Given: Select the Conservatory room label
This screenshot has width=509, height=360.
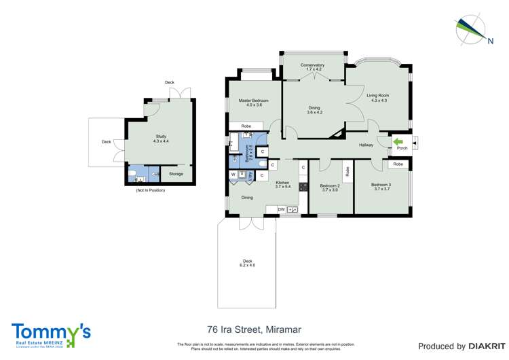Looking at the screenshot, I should [x=314, y=67].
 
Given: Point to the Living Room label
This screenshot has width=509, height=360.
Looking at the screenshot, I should [x=377, y=98].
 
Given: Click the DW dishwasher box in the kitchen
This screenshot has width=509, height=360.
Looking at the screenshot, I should [x=281, y=210].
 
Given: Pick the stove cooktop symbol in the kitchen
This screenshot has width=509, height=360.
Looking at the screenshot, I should [x=303, y=187].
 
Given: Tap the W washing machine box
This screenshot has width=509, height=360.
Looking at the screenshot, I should [x=233, y=175].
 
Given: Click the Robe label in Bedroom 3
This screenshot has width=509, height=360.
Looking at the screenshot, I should [x=398, y=164].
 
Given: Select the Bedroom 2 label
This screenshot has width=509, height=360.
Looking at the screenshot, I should [x=330, y=187].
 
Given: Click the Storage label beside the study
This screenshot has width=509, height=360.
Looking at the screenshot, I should [x=176, y=174].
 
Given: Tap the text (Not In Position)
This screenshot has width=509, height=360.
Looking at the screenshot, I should [x=150, y=190].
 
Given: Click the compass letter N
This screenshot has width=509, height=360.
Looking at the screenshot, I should [x=490, y=40].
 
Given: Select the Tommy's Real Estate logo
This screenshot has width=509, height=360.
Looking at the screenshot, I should [x=51, y=334].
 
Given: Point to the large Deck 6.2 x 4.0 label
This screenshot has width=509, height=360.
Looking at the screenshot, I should [x=247, y=263].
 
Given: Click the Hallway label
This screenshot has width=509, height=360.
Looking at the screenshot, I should [x=366, y=145].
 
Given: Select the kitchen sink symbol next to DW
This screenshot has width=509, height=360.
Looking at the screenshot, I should [x=293, y=210].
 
